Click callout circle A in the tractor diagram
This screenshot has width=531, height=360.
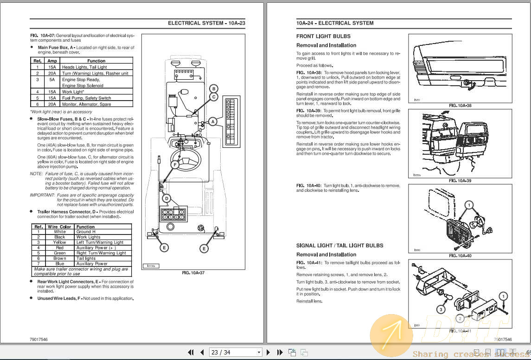pos(212,121)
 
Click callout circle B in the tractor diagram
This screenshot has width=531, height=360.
pos(213,88)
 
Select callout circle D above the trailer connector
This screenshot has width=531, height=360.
pos(166,198)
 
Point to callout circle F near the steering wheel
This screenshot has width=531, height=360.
pos(175,164)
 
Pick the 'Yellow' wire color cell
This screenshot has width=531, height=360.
pos(59,242)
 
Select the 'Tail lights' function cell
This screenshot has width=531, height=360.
pos(86,259)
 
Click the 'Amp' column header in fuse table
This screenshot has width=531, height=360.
pos(52,61)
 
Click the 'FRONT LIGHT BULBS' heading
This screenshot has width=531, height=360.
pos(323,36)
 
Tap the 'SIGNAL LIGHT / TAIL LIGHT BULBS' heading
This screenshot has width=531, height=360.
pos(339,246)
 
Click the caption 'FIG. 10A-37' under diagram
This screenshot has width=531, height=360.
pos(193,273)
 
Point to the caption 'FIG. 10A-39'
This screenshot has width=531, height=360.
pos(460,181)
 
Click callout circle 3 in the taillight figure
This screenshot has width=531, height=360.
pos(441,309)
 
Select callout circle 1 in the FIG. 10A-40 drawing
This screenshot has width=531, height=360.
pos(469,205)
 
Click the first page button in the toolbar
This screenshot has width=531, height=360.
pos(191,352)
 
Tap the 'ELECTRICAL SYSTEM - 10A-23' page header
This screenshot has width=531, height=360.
pos(206,23)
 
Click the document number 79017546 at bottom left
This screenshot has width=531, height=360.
pos(38,339)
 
